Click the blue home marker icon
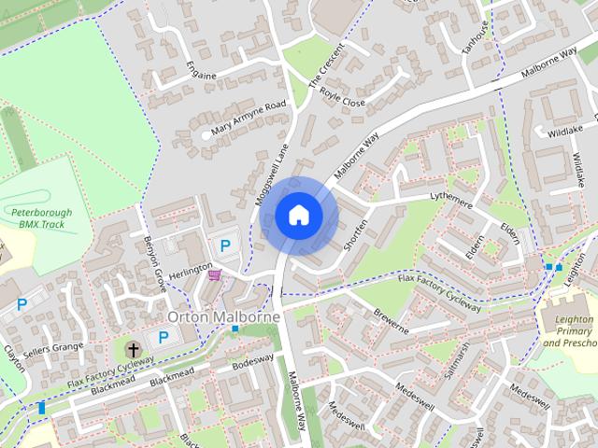coord(298,216)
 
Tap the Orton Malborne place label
coord(223,317)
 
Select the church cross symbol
coord(133,350)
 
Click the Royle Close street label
coord(341,95)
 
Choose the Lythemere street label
coord(452,201)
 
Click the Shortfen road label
coord(356,230)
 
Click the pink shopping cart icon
coord(215,274)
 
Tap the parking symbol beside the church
coord(163,337)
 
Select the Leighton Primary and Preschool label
coord(567,331)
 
